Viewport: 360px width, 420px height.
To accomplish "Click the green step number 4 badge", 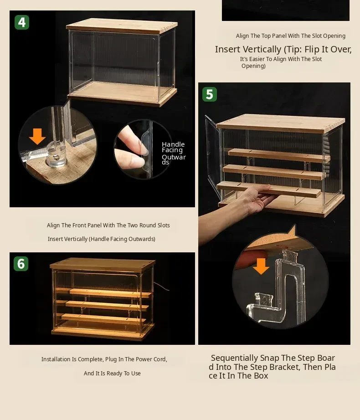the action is (22, 22).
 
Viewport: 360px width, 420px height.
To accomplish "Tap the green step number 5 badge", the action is (210, 94).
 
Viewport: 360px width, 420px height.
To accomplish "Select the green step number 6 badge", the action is (21, 264).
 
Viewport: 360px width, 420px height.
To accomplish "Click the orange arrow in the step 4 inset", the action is (37, 136).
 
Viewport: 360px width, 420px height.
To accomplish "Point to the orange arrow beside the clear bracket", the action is (261, 266).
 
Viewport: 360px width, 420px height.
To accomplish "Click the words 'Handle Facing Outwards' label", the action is (174, 153).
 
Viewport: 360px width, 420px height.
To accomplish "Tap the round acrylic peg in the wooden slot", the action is (56, 156).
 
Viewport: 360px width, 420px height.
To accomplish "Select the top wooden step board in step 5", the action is (279, 155).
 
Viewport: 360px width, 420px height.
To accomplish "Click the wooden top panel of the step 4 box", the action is (122, 26).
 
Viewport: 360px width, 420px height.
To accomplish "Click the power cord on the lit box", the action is (161, 287).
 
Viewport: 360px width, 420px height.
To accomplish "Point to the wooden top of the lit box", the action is (103, 264).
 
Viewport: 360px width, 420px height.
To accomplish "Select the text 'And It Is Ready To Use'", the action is (112, 373).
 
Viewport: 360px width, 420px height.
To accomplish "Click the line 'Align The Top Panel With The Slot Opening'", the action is (291, 36).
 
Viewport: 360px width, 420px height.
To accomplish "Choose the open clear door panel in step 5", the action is (213, 157).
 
